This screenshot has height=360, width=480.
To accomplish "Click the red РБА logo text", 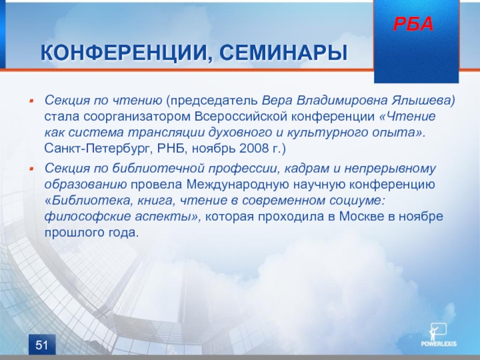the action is click(x=413, y=24).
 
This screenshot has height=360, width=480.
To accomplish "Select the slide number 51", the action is click(x=42, y=345).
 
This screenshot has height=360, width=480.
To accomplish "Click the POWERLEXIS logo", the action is click(x=439, y=335).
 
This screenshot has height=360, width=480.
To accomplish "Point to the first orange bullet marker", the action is click(x=31, y=101).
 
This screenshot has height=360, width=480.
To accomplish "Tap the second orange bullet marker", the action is click(x=31, y=169).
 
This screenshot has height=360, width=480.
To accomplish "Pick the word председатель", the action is click(x=214, y=101).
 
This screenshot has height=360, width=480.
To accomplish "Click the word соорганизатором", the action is click(x=137, y=117).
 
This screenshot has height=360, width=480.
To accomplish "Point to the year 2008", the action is click(x=253, y=148).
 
